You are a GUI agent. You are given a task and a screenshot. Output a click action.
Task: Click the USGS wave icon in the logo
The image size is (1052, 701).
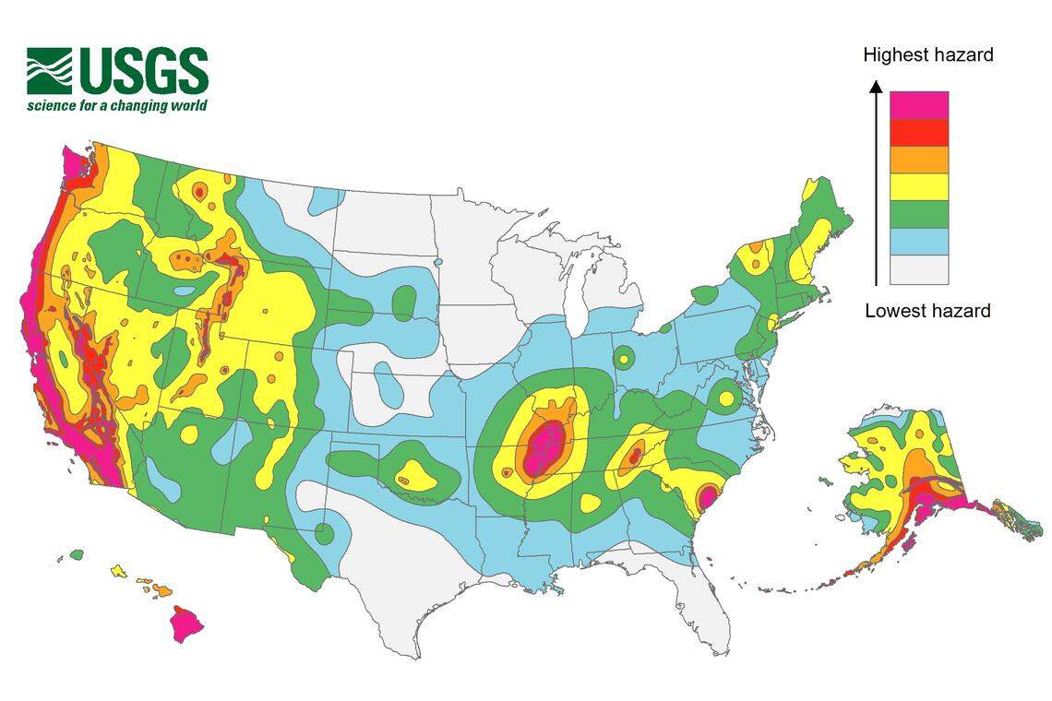click(x=49, y=71)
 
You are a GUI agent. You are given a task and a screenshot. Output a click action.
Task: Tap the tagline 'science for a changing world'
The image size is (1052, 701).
click(x=117, y=105)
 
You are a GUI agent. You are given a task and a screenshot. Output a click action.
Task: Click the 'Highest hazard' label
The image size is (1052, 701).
click(x=927, y=55)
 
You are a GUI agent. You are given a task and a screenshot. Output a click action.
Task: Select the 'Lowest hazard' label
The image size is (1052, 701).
click(x=927, y=311)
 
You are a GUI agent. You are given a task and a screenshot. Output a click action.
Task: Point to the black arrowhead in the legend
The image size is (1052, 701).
click(x=876, y=87)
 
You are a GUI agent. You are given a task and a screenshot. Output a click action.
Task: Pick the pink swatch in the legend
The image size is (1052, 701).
click(x=918, y=105)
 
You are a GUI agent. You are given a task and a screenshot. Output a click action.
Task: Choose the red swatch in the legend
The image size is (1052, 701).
click(x=918, y=133)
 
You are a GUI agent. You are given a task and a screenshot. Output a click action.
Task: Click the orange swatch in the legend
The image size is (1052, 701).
click(x=918, y=160)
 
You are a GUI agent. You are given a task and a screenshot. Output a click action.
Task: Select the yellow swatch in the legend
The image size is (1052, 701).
click(x=918, y=187)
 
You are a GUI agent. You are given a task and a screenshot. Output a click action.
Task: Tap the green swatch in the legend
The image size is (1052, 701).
click(x=918, y=214)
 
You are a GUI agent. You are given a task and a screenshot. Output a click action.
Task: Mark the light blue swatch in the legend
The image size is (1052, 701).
click(x=918, y=242)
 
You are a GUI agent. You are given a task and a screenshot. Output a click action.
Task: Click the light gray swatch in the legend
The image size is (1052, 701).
click(x=918, y=269)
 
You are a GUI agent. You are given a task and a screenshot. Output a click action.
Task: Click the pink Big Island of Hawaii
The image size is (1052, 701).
click(x=186, y=624)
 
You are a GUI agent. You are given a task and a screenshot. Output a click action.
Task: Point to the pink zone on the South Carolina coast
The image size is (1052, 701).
click(x=708, y=497)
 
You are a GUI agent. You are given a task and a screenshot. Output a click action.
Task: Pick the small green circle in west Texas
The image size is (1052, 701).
click(x=324, y=533)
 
